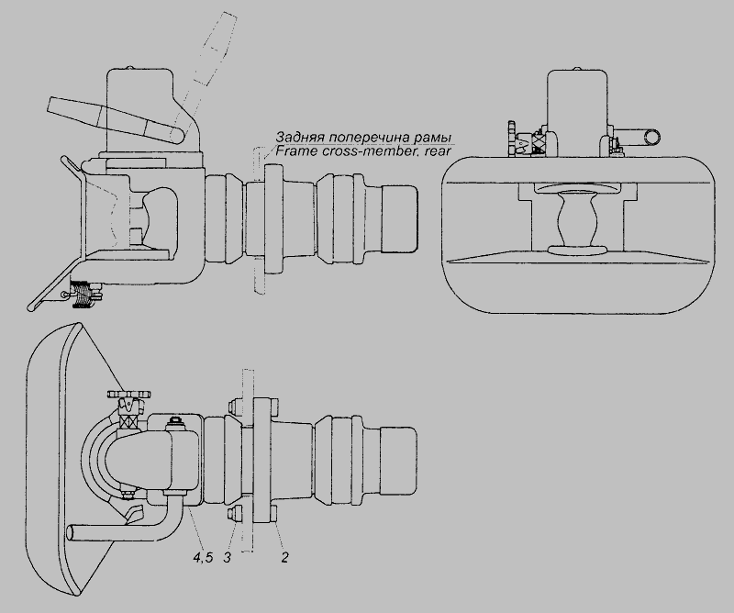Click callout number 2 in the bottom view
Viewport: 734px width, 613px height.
284,557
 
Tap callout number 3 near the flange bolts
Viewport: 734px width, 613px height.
227,557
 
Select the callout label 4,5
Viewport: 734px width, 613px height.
203,557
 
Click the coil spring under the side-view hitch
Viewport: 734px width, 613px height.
82,294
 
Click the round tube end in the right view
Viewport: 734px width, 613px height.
651,138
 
